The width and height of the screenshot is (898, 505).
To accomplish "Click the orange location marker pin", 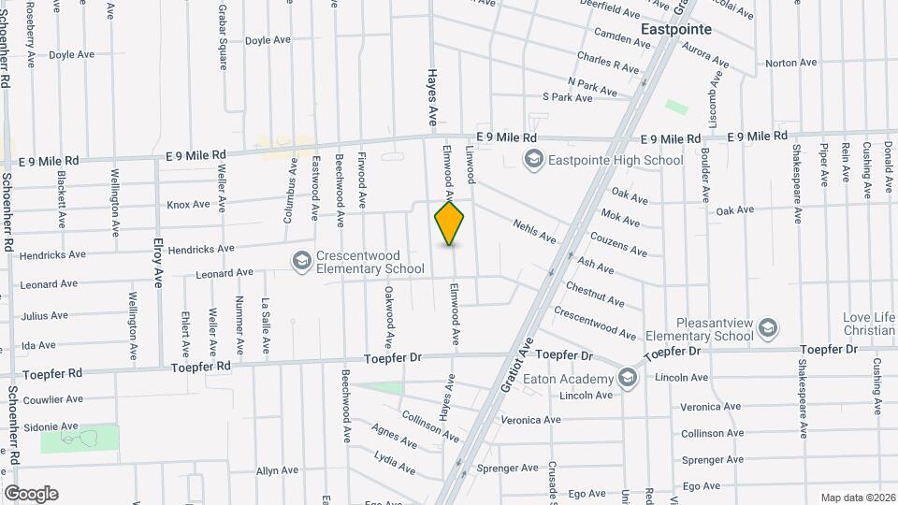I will click(449, 223).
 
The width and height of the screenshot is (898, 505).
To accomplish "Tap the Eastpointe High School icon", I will click(533, 160).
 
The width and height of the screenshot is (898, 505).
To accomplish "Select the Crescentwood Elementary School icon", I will click(302, 260).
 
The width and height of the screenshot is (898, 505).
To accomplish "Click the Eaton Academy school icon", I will click(627, 378).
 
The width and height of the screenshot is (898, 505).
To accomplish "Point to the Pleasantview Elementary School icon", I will click(767, 327).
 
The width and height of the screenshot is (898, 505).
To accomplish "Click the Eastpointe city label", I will click(676, 29).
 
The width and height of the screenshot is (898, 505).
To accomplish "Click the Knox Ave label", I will click(188, 205).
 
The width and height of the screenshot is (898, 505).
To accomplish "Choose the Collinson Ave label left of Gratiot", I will click(429, 425).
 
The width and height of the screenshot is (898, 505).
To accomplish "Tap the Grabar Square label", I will click(223, 36).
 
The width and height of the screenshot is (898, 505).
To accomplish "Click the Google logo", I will click(31, 494).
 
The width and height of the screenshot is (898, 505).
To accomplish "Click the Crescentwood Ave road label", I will click(595, 324).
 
